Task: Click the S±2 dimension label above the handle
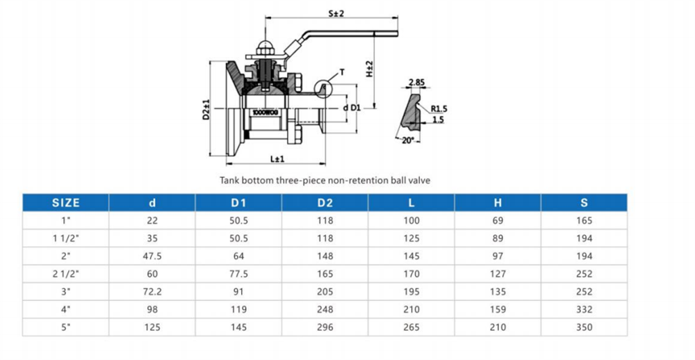(x=336, y=13)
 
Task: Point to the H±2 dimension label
(x=369, y=69)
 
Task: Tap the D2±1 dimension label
(x=206, y=109)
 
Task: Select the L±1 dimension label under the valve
(x=277, y=158)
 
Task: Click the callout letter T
(x=342, y=72)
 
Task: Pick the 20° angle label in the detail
(x=407, y=140)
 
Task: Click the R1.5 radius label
(x=439, y=109)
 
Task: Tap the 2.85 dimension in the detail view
(x=416, y=82)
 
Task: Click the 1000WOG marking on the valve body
(x=265, y=113)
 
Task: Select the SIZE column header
(x=65, y=203)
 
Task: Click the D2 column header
(x=325, y=203)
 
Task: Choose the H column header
(x=498, y=203)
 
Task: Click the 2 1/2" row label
(x=65, y=274)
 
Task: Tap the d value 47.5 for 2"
(x=152, y=256)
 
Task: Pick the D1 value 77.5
(x=238, y=274)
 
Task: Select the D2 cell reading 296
(x=325, y=327)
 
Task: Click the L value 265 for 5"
(x=411, y=327)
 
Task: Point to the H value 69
(x=498, y=221)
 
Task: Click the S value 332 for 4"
(x=584, y=309)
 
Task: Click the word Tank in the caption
(x=229, y=181)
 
